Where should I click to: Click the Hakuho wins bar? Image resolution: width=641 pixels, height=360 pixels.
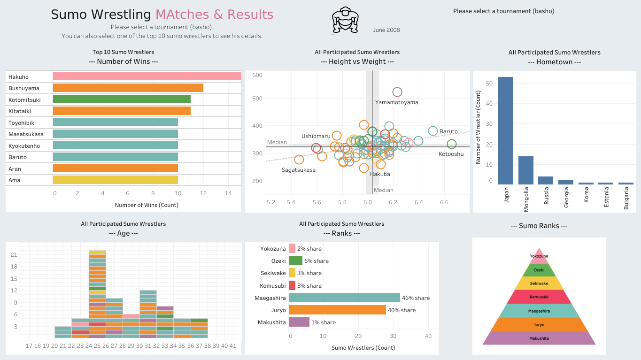pos(147,76)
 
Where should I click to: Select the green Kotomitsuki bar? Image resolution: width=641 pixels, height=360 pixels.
pos(122,99)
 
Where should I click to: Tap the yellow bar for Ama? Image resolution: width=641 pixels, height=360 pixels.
pos(115,180)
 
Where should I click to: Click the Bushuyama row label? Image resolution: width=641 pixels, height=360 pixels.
pos(24,88)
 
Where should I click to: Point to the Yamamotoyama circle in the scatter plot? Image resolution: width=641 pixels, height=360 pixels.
pos(397,92)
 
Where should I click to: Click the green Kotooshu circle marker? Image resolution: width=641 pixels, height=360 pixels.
pos(452,144)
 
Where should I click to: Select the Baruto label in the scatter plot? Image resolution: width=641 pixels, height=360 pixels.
pos(448,132)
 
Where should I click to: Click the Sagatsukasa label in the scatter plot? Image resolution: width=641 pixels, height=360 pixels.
pos(299,170)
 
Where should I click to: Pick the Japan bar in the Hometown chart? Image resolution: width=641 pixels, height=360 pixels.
pos(506,130)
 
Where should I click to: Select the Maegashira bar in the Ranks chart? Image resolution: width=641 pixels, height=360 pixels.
pos(344,298)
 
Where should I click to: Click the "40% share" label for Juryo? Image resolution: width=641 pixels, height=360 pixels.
pos(402,310)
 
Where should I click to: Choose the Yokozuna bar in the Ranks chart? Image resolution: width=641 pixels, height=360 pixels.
pos(292,248)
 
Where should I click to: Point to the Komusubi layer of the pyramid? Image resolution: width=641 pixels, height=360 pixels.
pos(539,297)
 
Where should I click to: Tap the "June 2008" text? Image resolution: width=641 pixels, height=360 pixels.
pos(386,30)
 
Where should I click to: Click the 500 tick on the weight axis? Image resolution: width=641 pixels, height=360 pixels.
pos(257,99)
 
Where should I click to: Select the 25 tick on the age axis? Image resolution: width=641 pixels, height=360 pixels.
pos(97,346)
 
